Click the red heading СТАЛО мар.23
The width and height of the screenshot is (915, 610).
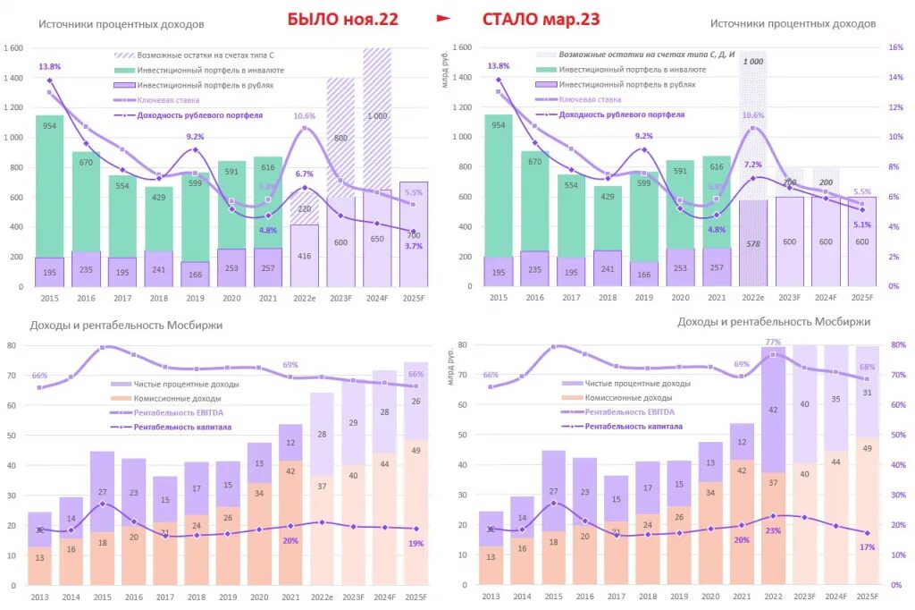541,19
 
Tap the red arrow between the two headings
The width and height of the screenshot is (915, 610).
443,18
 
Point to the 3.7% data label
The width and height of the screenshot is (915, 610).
414,246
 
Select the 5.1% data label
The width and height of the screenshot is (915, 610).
862,225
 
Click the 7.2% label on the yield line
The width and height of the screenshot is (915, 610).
752,165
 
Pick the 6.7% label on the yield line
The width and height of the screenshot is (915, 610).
304,174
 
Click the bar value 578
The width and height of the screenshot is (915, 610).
753,243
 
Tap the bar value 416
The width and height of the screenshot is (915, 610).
304,256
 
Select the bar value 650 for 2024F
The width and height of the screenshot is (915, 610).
377,239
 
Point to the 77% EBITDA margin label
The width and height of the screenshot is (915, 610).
774,342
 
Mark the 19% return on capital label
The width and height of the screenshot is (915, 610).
416,543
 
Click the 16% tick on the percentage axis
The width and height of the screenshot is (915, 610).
894,47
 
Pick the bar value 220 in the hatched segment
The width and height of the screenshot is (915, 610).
304,209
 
